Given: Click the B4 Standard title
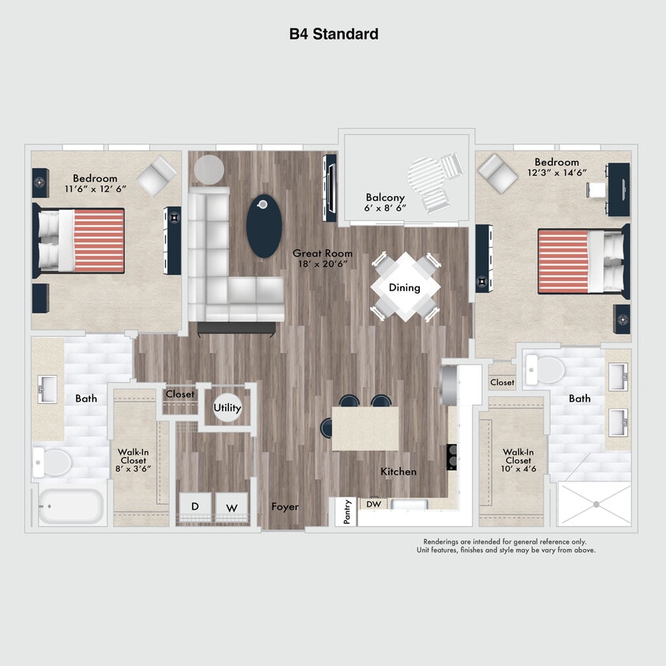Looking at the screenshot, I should click(x=333, y=34).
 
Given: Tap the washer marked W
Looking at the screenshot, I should click(x=232, y=507).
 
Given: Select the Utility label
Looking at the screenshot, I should click(x=227, y=408).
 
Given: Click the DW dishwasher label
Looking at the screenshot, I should click(x=373, y=503).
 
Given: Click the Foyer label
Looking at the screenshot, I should click(x=285, y=507).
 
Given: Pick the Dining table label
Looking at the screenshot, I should click(x=405, y=287).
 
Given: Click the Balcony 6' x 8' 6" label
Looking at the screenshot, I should click(x=386, y=203).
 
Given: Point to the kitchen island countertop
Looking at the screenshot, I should click(x=365, y=428).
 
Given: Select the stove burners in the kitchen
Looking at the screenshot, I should click(x=452, y=457).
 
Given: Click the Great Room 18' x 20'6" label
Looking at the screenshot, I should click(x=323, y=259).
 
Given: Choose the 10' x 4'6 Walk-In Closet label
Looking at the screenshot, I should click(x=518, y=461).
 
